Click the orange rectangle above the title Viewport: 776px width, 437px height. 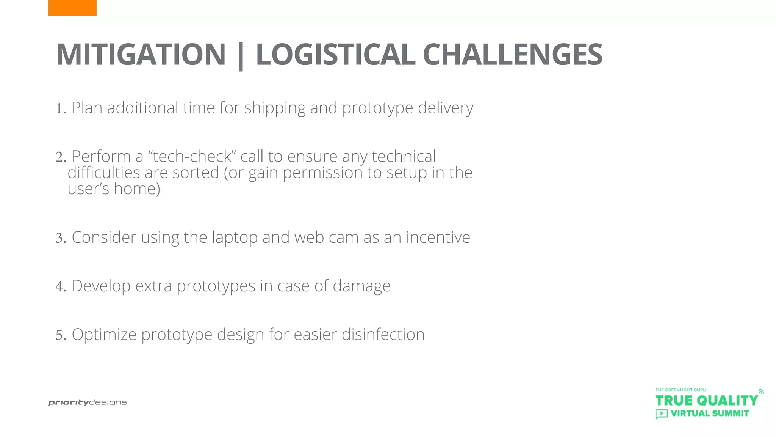click(x=72, y=8)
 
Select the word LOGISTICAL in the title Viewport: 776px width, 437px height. click(x=335, y=55)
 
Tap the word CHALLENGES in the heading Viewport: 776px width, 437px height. click(x=512, y=55)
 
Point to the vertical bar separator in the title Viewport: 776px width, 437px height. click(x=241, y=56)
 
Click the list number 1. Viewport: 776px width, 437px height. click(x=61, y=109)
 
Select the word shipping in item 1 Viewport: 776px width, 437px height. click(x=275, y=108)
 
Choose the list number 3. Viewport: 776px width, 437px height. click(x=61, y=238)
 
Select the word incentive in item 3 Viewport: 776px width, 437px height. click(x=438, y=237)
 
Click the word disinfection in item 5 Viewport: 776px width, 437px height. click(x=383, y=335)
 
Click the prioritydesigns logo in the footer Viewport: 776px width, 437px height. click(x=88, y=403)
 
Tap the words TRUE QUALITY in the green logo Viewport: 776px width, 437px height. click(x=706, y=401)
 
